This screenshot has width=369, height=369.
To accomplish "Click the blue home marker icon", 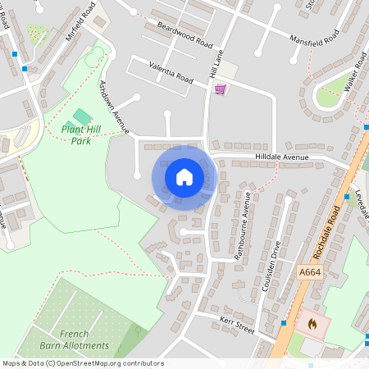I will coord(184,177).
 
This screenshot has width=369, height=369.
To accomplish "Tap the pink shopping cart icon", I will coord(220,89).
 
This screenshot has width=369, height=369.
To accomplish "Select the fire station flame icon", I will coord(312,323).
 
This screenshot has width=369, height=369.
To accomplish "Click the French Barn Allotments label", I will coord(84,339).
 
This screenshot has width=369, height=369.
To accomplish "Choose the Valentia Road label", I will coord(171,73).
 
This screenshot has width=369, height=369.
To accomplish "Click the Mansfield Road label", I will coord(313,39).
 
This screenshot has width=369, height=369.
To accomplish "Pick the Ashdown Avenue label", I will coord(114,107).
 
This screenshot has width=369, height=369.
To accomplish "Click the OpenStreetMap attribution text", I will coord(83,363).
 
